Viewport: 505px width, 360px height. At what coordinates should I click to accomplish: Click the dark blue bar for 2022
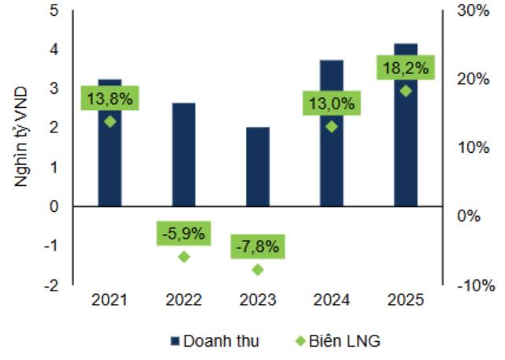point(184,154)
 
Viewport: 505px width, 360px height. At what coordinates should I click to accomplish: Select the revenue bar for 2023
point(258,166)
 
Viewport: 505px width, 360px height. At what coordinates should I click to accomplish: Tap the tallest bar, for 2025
point(406,125)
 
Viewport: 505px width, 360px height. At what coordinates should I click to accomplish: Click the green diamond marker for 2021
point(110,122)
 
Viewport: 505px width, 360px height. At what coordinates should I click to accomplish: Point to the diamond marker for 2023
point(258,270)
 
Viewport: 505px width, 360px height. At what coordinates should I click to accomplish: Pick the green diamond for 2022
point(184,257)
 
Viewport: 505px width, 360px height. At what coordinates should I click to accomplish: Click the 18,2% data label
point(406,68)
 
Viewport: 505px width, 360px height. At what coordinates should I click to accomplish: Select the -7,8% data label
point(258,247)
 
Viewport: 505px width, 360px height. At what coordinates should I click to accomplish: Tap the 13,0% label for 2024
point(332,103)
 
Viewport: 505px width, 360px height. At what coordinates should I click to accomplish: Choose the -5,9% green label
point(184,233)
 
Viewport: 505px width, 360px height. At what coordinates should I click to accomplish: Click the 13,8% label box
point(110,98)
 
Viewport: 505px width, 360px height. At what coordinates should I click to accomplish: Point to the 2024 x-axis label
point(332,300)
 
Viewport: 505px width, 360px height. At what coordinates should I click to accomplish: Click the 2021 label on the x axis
point(110,300)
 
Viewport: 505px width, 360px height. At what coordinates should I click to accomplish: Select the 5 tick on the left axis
point(54,10)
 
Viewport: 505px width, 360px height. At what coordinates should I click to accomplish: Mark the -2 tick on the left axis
point(52,286)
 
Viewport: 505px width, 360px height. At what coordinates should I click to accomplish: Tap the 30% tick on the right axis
point(473,11)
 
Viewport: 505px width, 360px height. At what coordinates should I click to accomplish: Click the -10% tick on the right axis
point(476,286)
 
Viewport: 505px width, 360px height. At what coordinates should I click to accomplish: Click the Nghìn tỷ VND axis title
point(21,137)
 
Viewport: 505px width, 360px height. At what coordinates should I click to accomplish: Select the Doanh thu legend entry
point(215,341)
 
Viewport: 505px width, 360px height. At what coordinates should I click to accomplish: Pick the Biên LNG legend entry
point(338,341)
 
